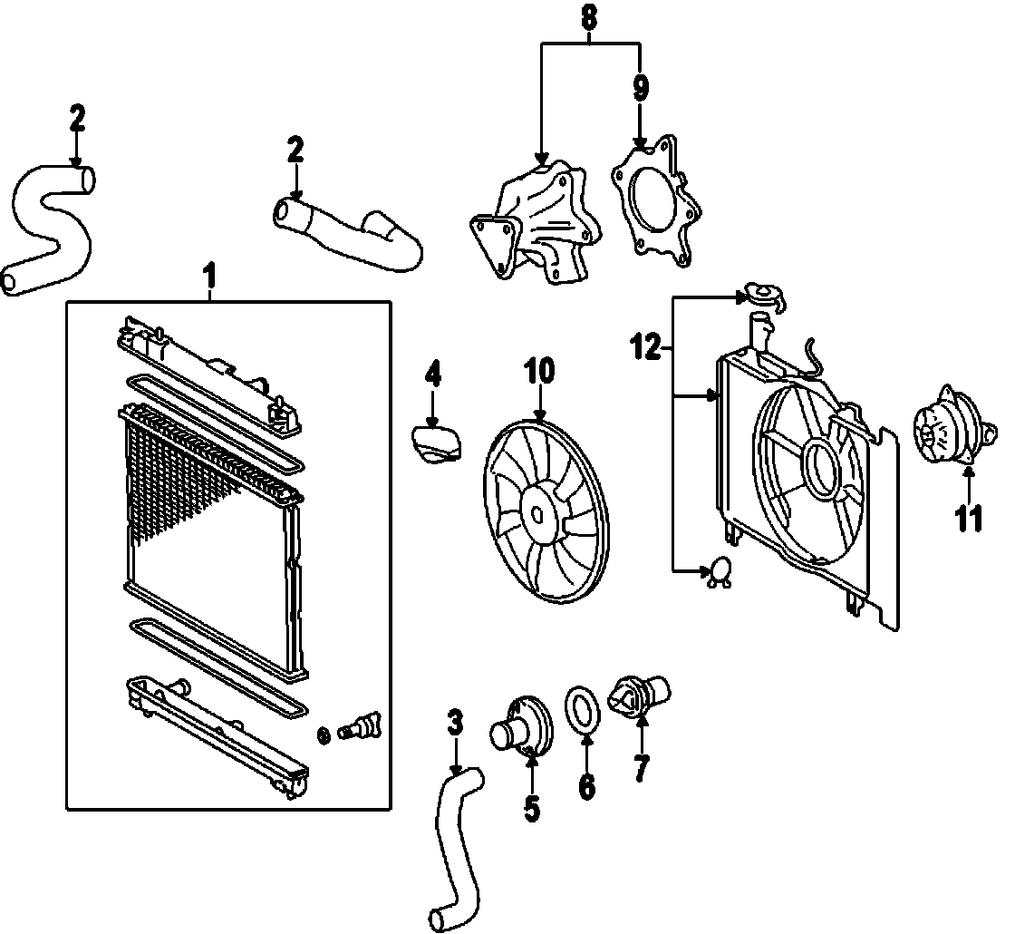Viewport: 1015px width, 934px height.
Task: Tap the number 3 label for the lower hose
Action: (x=456, y=723)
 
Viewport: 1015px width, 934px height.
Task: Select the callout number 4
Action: (x=433, y=375)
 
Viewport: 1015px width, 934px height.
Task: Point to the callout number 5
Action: (x=532, y=807)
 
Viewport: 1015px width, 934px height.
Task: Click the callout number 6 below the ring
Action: (x=586, y=786)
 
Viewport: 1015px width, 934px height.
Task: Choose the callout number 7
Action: (x=641, y=767)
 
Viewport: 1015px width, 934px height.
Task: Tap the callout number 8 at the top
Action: (x=590, y=15)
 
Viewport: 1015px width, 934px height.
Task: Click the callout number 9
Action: (x=641, y=88)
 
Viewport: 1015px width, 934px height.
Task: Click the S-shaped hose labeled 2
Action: (x=50, y=227)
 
